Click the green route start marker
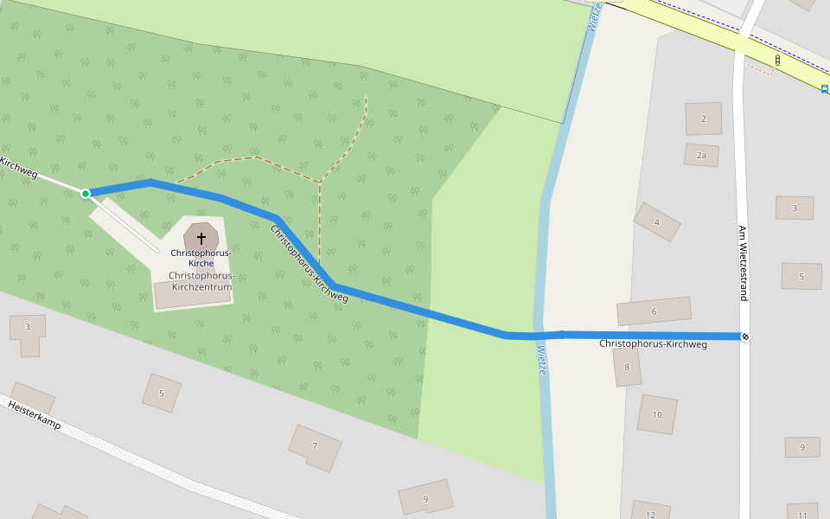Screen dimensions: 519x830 [86, 193]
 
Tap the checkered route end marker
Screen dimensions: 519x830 [744, 336]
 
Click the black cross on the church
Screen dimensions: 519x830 [201, 237]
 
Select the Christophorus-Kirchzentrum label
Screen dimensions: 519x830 [201, 280]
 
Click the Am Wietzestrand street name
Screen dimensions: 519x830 [742, 263]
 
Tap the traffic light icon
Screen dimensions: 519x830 [777, 61]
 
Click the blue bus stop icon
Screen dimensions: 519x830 [824, 88]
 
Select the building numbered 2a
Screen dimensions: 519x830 [702, 156]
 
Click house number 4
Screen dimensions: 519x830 [657, 222]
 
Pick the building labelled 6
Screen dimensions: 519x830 [654, 311]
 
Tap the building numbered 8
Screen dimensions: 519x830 [627, 367]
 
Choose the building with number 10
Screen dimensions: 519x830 [657, 414]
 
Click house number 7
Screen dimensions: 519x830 [315, 446]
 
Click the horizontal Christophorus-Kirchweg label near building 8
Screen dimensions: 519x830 [653, 344]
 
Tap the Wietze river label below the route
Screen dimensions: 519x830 [541, 360]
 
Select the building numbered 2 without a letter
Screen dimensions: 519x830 [704, 119]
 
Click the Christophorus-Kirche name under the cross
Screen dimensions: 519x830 [201, 257]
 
